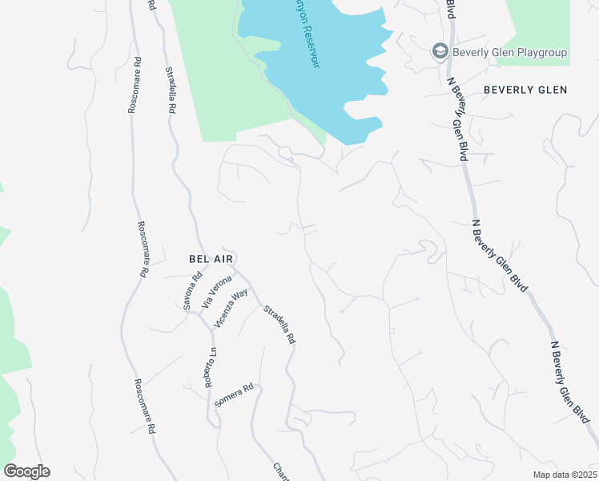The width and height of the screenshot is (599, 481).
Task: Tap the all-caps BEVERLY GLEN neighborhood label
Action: click(525, 90)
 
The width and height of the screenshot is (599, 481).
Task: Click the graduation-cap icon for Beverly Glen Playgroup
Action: click(439, 52)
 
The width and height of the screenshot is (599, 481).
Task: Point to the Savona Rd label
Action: click(190, 293)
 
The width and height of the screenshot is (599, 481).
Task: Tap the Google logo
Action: click(26, 471)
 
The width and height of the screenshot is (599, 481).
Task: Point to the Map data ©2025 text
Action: click(565, 475)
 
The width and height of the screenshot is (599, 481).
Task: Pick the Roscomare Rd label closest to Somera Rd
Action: click(143, 405)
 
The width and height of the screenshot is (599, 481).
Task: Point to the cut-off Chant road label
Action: click(280, 471)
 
